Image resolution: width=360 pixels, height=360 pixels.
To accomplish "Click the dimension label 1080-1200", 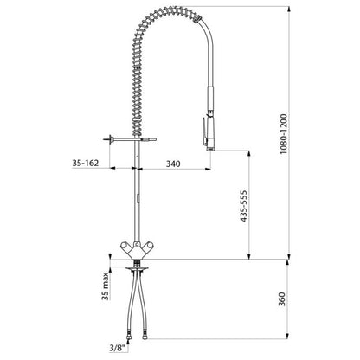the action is tap(284, 134).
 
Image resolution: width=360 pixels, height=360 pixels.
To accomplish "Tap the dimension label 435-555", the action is tap(244, 206).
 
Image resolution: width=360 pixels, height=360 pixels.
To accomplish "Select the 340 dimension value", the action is tap(173, 164).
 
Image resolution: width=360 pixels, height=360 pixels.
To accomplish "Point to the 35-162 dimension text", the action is tap(86, 163).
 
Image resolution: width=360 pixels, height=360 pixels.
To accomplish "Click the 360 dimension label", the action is tap(282, 299).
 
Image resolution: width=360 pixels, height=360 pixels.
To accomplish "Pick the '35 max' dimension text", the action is tap(106, 286).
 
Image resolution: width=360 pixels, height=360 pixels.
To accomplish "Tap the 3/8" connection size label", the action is tap(119, 348).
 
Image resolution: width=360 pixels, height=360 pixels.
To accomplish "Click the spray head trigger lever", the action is tap(204, 131).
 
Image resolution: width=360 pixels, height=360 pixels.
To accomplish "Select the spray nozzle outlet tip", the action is tap(210, 149).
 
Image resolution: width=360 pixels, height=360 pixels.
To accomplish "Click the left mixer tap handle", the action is tap(125, 247).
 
